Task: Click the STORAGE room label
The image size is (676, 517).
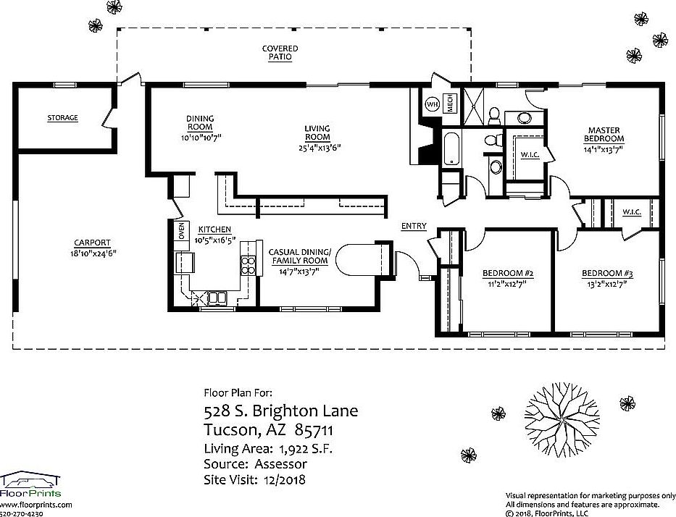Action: [62, 117]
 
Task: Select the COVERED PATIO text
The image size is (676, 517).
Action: [280, 52]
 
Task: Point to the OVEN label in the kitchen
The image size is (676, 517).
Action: [181, 232]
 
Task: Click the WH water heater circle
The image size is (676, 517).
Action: [432, 104]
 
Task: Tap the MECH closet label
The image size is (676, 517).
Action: [449, 104]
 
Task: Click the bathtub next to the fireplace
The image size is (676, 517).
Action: [450, 148]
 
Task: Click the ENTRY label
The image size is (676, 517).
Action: [414, 226]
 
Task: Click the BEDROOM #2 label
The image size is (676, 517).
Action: [508, 274]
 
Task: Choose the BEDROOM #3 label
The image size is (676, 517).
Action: [607, 274]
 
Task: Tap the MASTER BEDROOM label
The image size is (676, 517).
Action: [604, 134]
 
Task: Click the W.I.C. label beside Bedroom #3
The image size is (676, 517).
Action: [631, 212]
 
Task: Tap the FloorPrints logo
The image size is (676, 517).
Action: [30, 486]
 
